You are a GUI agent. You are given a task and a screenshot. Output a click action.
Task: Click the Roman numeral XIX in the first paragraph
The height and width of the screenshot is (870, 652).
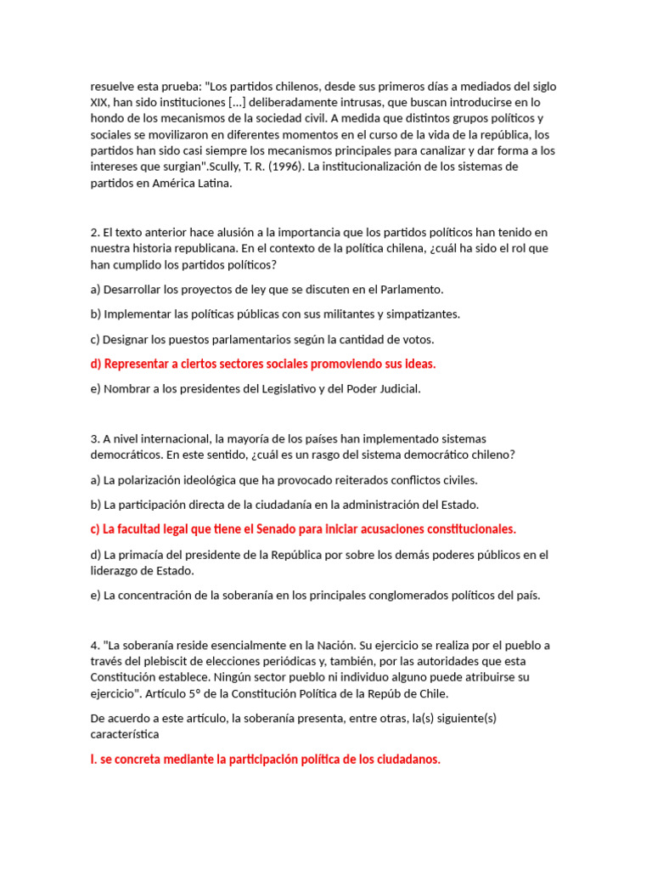point(101,103)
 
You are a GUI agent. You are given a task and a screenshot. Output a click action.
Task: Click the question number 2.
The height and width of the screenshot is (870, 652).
point(94,232)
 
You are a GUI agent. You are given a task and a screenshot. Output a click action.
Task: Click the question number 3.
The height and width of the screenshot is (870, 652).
point(94,438)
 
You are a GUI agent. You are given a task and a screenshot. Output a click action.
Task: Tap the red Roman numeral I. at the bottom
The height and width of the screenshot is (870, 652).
point(93,759)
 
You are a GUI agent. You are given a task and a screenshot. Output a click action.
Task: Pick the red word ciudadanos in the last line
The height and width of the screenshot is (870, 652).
point(408,759)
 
